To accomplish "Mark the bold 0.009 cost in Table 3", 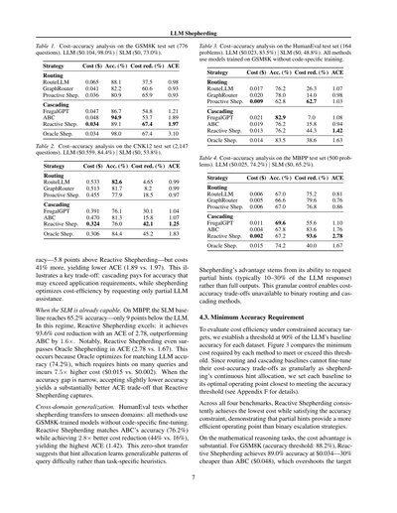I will point(259,100).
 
